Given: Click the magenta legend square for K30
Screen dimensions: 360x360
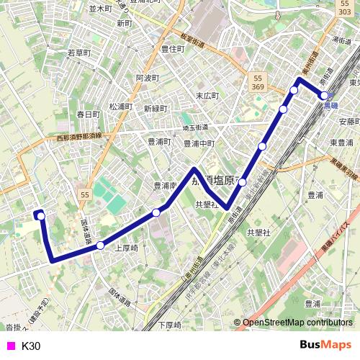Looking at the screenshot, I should coord(10,346).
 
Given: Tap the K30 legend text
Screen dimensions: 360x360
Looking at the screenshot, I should coord(31,346).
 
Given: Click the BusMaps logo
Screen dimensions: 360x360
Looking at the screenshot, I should coord(325,345).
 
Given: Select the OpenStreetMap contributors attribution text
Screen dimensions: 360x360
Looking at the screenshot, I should coord(297,323).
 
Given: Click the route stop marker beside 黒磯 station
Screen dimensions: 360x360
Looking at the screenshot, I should coord(325,95).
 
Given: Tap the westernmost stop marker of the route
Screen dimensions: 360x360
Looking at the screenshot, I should coord(41,215).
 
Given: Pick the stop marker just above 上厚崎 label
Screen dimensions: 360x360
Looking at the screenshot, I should coord(100,245).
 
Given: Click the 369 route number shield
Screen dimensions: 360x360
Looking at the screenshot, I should coord(258,86).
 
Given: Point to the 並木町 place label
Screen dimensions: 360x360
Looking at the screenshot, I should coord(101,9).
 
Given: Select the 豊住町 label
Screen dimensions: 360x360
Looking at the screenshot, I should coord(173,49).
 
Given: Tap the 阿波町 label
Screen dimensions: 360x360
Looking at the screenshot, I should coord(146,78).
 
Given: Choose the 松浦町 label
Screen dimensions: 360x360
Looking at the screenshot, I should coord(121,107).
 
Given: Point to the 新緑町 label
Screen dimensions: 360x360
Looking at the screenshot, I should coord(155,109).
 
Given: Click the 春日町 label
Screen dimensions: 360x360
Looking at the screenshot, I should coord(89,114).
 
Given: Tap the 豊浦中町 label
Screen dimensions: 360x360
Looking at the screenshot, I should coord(199,143).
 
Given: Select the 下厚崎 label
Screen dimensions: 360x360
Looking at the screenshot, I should coord(170,325).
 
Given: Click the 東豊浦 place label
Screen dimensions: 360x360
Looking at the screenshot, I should coord(341,142).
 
